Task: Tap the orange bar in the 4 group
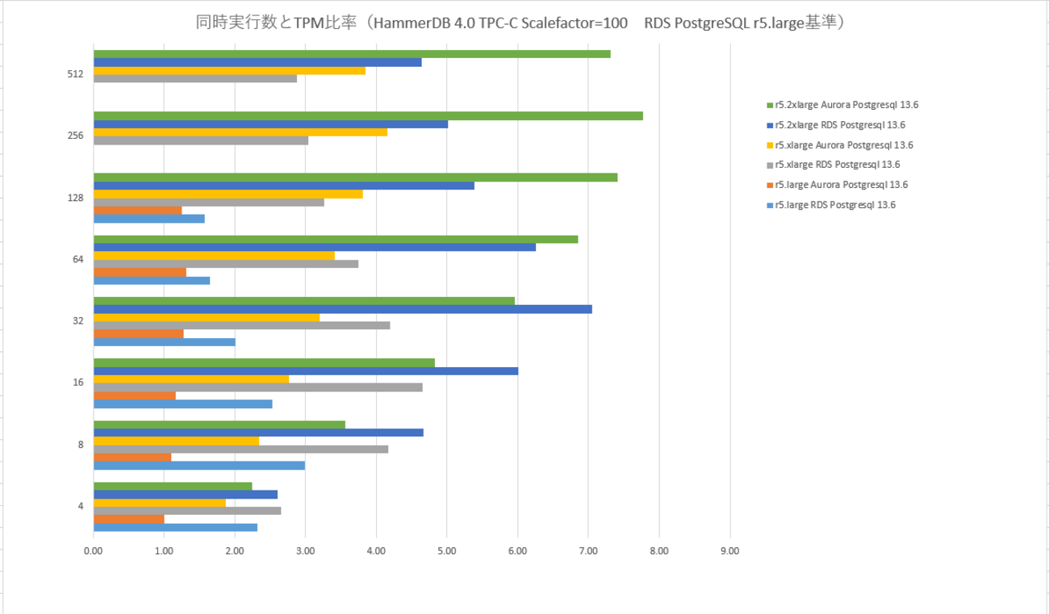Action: (129, 519)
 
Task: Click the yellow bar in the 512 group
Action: (229, 70)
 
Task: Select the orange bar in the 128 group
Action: (138, 210)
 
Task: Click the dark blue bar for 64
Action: (315, 247)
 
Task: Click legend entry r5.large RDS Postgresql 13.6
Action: (834, 205)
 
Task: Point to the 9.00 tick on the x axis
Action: (730, 551)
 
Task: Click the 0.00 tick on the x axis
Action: (94, 551)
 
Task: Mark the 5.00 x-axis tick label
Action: (447, 551)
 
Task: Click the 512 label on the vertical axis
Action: (76, 74)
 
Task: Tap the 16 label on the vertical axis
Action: (78, 382)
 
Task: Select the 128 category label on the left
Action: (76, 198)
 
